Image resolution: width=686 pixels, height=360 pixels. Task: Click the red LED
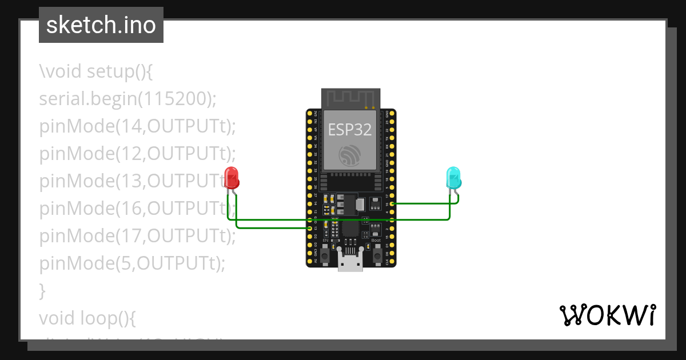pos(232,177)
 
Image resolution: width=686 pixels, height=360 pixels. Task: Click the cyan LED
pos(453,177)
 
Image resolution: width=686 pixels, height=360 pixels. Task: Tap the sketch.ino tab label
pos(101,25)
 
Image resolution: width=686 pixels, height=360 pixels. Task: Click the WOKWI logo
pos(607,315)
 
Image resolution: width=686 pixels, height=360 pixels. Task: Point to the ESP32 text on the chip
pos(350,130)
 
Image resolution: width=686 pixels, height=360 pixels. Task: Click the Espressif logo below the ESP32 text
pos(350,155)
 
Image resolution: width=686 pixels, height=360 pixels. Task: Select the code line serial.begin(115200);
pos(128,99)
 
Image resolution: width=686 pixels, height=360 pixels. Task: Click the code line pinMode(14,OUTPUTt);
pos(137,126)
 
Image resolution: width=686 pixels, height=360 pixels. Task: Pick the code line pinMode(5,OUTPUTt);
pos(132,263)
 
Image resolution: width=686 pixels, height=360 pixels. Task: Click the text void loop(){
pos(87,318)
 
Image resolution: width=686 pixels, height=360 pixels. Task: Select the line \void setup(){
pos(95,71)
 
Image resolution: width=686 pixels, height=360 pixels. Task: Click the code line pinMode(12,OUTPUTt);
pos(137,154)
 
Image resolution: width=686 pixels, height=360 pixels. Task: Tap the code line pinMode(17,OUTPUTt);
pos(137,236)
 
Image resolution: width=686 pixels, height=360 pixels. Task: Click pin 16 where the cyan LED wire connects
pos(392,203)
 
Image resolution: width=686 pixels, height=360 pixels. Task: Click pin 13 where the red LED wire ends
pos(310,228)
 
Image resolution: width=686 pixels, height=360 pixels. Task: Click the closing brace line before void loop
pos(42,291)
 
